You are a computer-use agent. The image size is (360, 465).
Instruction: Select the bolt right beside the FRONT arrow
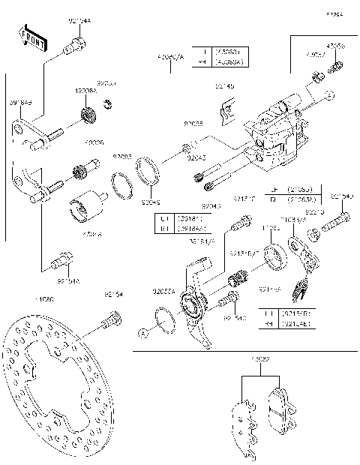point(73,48)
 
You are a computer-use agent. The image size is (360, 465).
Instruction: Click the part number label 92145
point(224,87)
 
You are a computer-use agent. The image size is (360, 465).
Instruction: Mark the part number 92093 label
point(122,157)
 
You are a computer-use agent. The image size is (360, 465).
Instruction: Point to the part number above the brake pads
point(260,360)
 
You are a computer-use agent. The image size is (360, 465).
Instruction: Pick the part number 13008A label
point(85,89)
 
